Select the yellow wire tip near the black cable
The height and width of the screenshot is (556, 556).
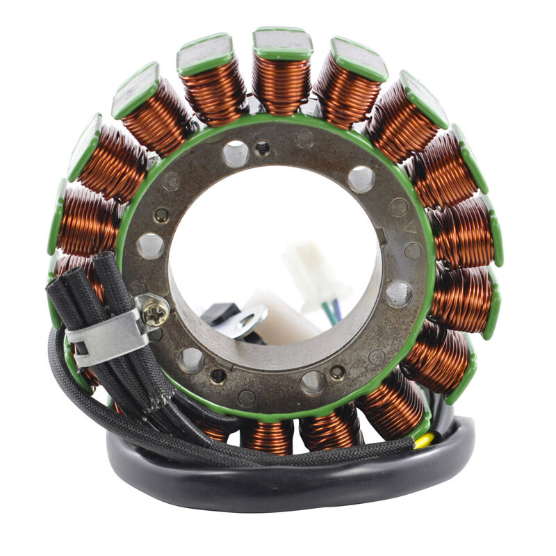point(425,439)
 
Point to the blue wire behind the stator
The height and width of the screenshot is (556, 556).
point(337,305)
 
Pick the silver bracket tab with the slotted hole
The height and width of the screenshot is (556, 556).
point(247,320)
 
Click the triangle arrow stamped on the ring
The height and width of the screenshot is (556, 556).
point(410,227)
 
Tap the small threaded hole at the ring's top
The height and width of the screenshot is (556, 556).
point(263,147)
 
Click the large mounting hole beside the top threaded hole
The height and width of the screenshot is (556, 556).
point(235,153)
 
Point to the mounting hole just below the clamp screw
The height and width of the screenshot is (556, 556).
point(191,360)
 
